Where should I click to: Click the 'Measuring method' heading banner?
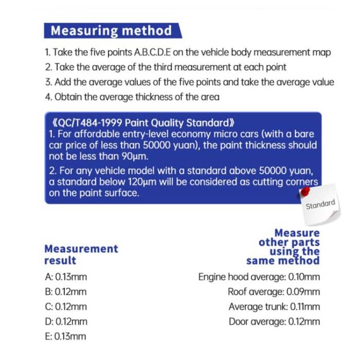click(x=111, y=31)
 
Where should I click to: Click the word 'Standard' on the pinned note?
click(x=320, y=205)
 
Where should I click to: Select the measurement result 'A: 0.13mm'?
click(x=66, y=277)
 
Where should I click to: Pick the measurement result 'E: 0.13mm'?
click(x=66, y=337)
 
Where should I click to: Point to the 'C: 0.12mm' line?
click(x=66, y=307)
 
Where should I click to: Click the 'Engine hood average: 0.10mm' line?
click(x=259, y=277)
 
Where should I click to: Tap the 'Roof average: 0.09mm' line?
click(x=274, y=292)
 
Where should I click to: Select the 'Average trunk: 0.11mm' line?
click(x=274, y=307)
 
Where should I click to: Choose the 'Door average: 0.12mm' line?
click(x=274, y=322)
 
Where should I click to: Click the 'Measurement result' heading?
click(x=81, y=254)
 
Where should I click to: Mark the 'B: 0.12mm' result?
click(x=66, y=292)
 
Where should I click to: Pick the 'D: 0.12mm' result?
click(x=66, y=322)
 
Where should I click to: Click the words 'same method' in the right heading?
click(x=283, y=261)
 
